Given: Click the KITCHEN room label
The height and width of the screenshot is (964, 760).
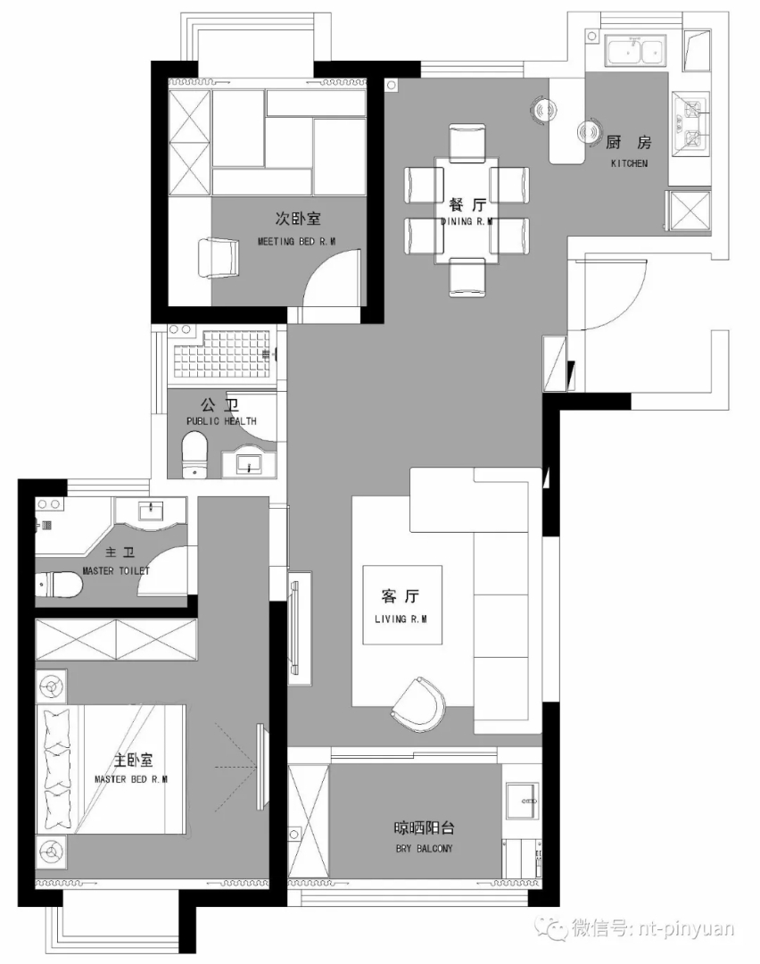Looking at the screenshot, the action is [x=629, y=163].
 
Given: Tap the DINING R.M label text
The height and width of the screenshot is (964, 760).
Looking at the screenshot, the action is [x=467, y=221].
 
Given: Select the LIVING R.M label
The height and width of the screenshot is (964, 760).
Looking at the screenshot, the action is [x=401, y=619].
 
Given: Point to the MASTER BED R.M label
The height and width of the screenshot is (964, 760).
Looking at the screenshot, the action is [x=131, y=779].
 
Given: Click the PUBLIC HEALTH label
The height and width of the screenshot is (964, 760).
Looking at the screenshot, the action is [x=221, y=421].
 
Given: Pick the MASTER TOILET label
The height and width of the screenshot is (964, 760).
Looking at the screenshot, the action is [x=116, y=571].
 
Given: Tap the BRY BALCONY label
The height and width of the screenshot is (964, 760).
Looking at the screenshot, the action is [x=425, y=849].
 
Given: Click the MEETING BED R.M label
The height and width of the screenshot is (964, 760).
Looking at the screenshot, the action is [x=297, y=242].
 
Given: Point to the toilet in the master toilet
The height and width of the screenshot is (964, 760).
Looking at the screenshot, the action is [x=60, y=584].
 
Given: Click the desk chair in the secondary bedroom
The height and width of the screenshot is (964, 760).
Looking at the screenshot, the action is [x=219, y=258].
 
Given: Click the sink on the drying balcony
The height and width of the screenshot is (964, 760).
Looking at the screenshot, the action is [x=522, y=801].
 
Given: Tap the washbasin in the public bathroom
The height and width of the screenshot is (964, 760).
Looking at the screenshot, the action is [x=249, y=462].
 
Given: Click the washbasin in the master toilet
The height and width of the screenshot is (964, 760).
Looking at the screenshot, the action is [x=151, y=511].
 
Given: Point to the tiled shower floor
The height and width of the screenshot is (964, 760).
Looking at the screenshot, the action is [x=222, y=354].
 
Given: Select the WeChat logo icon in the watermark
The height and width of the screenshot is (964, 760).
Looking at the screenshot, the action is [x=549, y=927].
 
